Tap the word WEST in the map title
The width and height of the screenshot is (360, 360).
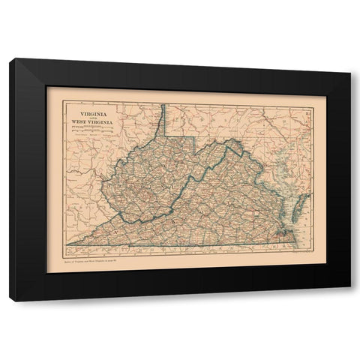(73, 123)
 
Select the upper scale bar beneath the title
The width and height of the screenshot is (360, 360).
(85, 130)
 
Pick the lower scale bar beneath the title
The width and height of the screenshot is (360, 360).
(85, 135)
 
